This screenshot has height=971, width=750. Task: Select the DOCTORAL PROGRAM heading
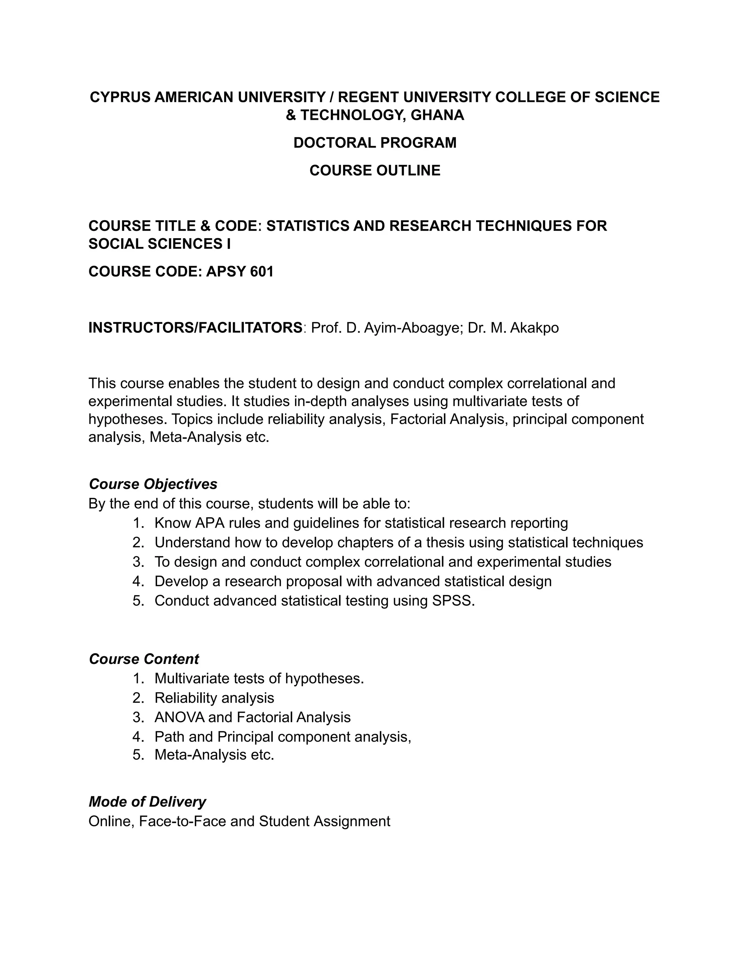pyautogui.click(x=375, y=143)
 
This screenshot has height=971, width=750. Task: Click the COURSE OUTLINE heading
pyautogui.click(x=375, y=170)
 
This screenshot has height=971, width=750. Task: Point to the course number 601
pyautogui.click(x=262, y=271)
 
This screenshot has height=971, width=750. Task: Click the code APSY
pyautogui.click(x=226, y=271)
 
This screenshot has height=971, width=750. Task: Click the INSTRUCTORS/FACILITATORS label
pyautogui.click(x=196, y=328)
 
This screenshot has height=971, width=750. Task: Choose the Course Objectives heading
pyautogui.click(x=153, y=484)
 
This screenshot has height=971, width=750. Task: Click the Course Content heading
pyautogui.click(x=144, y=659)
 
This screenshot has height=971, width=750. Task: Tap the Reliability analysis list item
pyautogui.click(x=214, y=698)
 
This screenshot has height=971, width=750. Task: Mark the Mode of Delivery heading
pyautogui.click(x=148, y=802)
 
